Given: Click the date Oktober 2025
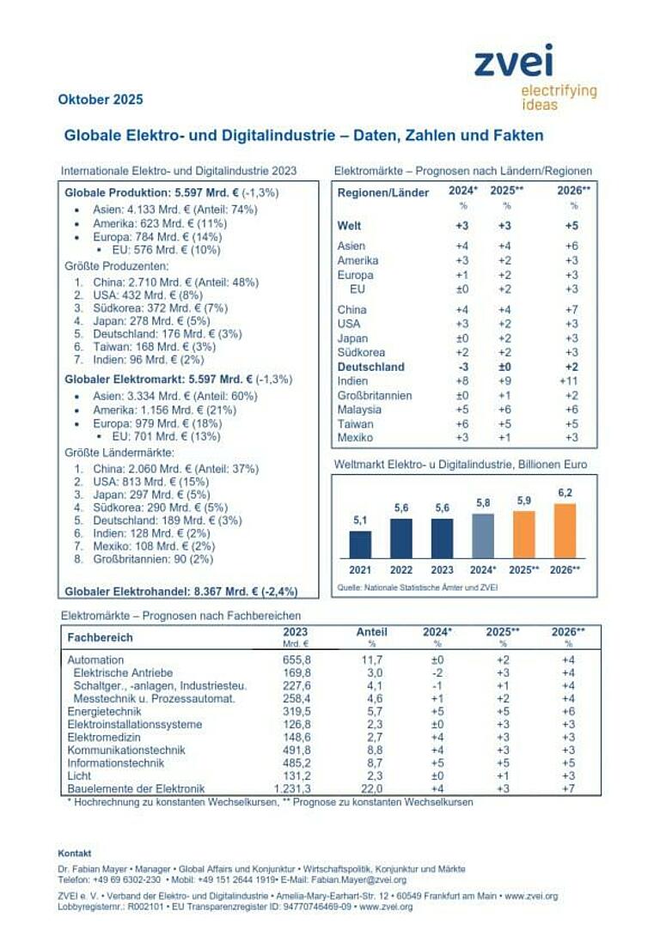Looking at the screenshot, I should (101, 100).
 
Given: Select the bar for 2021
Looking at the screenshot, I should (360, 544).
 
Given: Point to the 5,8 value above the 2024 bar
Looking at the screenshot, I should (484, 503).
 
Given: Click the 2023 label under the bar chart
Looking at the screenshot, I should (442, 569).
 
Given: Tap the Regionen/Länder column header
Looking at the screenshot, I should (383, 193).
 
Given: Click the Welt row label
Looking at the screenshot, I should (350, 227).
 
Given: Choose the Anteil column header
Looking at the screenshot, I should (372, 632).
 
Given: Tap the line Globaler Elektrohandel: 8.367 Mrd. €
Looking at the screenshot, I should (180, 591).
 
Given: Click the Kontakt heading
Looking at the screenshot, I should (75, 853).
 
